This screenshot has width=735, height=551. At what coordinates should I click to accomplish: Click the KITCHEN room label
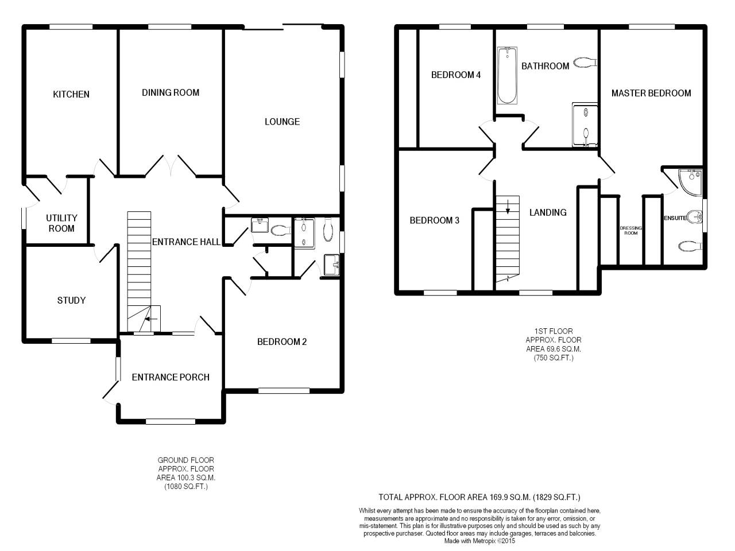[x=71, y=94]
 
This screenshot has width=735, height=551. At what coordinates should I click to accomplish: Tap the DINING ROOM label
[x=171, y=92]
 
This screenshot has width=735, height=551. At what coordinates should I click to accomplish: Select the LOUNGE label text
[x=282, y=122]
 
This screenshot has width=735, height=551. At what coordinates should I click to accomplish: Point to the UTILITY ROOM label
[x=61, y=223]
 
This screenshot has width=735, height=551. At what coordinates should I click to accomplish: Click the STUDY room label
[x=71, y=300]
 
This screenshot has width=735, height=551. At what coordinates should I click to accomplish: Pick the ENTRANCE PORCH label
[x=171, y=377]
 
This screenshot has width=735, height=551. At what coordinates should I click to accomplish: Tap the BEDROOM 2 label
[x=282, y=342]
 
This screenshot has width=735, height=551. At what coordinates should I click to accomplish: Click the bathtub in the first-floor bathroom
[x=507, y=75]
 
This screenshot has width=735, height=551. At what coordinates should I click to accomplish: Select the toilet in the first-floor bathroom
[x=585, y=63]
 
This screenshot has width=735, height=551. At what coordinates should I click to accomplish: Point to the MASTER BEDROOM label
[x=651, y=93]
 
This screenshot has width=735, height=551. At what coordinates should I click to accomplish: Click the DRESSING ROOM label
[x=631, y=231]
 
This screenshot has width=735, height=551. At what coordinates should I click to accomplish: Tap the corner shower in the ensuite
[x=690, y=183]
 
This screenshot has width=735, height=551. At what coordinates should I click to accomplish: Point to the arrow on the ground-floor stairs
[x=152, y=319]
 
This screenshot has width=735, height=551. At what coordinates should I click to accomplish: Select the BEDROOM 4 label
[x=456, y=75]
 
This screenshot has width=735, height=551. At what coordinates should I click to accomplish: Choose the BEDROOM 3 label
[x=434, y=220]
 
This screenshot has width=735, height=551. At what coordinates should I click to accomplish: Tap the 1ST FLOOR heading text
[x=553, y=331]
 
